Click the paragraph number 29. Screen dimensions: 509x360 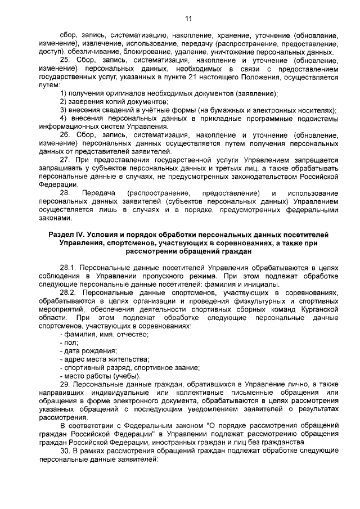tap(65, 384)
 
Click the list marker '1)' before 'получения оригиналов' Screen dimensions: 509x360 tap(64, 93)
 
